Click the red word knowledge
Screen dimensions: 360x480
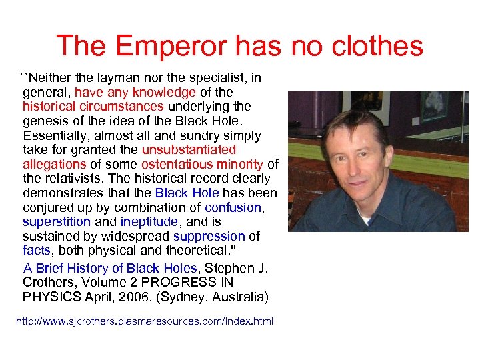[164, 92]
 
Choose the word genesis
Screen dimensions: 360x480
[45, 121]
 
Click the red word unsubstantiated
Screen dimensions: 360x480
[189, 150]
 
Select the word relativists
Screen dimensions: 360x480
[74, 179]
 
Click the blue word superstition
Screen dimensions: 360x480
[55, 221]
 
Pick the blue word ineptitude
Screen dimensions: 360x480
[149, 221]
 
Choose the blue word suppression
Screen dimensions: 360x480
[209, 236]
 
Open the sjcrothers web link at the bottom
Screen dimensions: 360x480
[145, 321]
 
